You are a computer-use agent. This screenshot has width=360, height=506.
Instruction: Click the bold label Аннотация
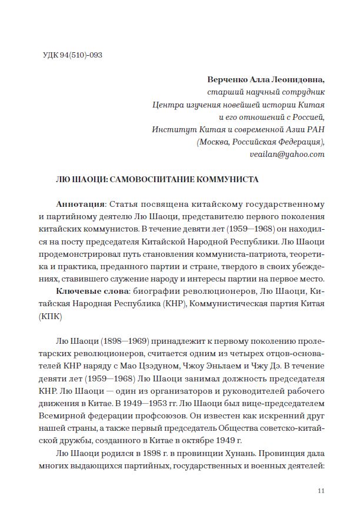click(80, 205)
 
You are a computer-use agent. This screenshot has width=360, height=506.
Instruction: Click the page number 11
click(321, 491)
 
